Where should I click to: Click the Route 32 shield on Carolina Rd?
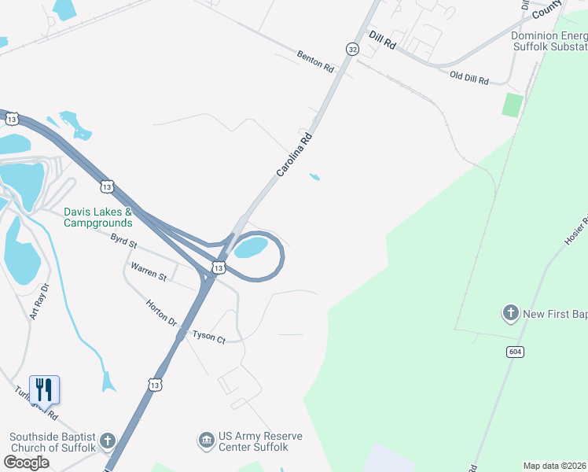351,49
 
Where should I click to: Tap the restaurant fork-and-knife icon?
44,389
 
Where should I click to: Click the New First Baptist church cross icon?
510,314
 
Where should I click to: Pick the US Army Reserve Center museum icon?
206,438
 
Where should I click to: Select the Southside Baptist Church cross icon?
108,441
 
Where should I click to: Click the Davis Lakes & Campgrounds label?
97,217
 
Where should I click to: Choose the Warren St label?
149,272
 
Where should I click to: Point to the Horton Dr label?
161,312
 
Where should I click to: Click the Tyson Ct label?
209,338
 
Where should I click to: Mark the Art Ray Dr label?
39,301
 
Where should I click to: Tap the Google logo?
27,463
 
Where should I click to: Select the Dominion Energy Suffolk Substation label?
549,41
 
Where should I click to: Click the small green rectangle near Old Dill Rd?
513,105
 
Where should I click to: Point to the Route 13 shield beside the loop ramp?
219,268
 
